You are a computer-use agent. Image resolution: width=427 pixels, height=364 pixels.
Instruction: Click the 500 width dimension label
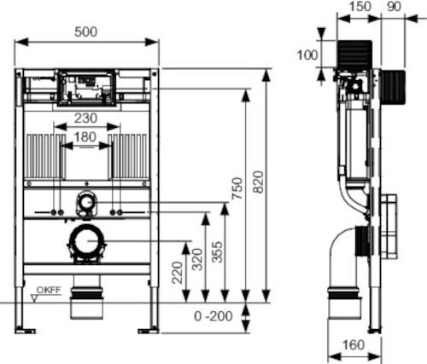[x=85, y=32]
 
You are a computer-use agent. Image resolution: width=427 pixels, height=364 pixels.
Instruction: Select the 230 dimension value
[x=85, y=118]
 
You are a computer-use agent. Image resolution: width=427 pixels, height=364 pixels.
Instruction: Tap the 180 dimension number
[x=85, y=137]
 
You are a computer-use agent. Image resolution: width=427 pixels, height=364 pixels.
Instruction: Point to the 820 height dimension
[x=259, y=182]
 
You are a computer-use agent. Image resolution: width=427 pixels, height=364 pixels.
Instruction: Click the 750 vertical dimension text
[x=237, y=188]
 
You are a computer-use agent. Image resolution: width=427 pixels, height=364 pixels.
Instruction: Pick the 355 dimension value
[x=217, y=251]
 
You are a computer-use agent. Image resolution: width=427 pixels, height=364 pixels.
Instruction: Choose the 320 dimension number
[x=197, y=259]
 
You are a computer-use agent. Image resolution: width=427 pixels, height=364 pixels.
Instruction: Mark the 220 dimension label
[x=178, y=273]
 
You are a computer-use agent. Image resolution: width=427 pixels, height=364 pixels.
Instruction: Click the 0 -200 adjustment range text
[x=213, y=316]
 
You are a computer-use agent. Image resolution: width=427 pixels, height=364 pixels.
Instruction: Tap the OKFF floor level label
[x=49, y=290]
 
